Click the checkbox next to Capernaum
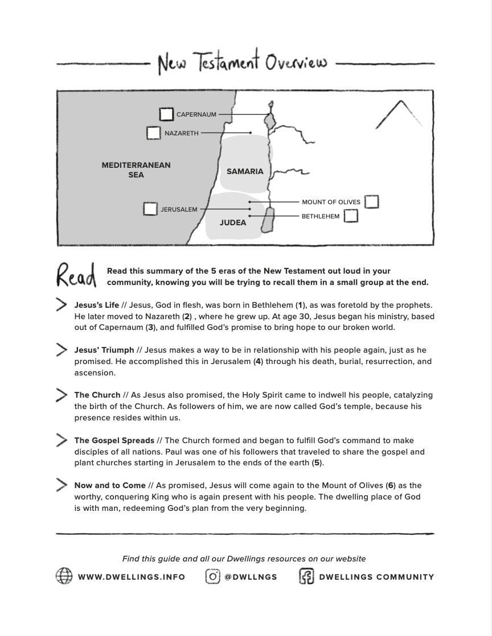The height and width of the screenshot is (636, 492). [x=166, y=114]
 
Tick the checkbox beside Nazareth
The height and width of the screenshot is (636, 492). [x=153, y=133]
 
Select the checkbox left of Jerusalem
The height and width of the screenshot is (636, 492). [x=150, y=209]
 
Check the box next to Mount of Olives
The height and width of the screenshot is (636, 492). [x=371, y=201]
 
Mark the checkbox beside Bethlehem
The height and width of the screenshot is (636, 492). [x=351, y=216]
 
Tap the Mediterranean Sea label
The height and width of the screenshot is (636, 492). [x=136, y=170]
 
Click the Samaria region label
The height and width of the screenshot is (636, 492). [x=245, y=171]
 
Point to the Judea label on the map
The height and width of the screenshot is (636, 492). [x=233, y=222]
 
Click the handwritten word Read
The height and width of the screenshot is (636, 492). [x=76, y=276]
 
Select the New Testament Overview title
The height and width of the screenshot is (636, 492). [x=243, y=63]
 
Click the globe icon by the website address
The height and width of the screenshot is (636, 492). [x=64, y=576]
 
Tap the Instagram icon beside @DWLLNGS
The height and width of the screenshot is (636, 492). [x=212, y=576]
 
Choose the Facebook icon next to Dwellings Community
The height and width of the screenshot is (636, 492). [x=306, y=576]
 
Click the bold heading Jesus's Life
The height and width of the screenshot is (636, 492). [x=97, y=305]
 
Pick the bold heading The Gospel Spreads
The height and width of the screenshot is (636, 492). [x=114, y=440]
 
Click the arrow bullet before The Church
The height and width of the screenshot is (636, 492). [x=61, y=395]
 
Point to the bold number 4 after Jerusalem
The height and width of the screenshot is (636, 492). [x=258, y=361]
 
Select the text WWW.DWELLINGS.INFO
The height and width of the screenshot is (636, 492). [x=132, y=577]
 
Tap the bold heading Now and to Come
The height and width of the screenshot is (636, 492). [x=110, y=485]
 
